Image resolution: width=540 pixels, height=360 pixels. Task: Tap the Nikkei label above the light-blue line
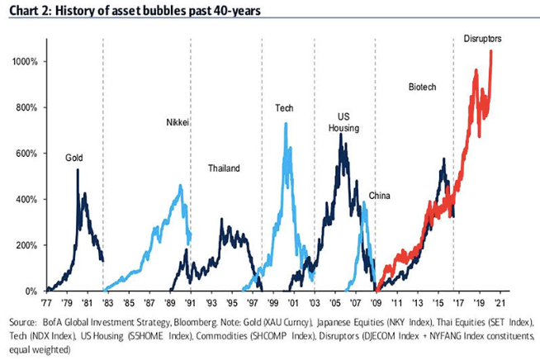tap(178, 123)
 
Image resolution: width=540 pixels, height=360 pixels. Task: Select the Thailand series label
tap(224, 168)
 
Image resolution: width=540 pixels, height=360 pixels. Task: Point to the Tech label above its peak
tap(286, 108)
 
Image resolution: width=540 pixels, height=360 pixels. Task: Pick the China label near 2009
tap(380, 196)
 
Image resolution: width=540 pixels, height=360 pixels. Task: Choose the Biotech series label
tap(422, 87)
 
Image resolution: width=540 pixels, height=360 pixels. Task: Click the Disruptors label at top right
tap(483, 38)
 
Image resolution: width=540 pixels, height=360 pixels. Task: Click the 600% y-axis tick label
tap(29, 154)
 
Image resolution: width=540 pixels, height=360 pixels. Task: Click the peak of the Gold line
tap(78, 170)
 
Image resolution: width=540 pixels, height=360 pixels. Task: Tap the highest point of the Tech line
tap(286, 124)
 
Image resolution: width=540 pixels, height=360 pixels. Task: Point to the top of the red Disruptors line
tap(491, 51)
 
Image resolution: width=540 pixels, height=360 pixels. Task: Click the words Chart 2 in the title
tap(28, 10)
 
